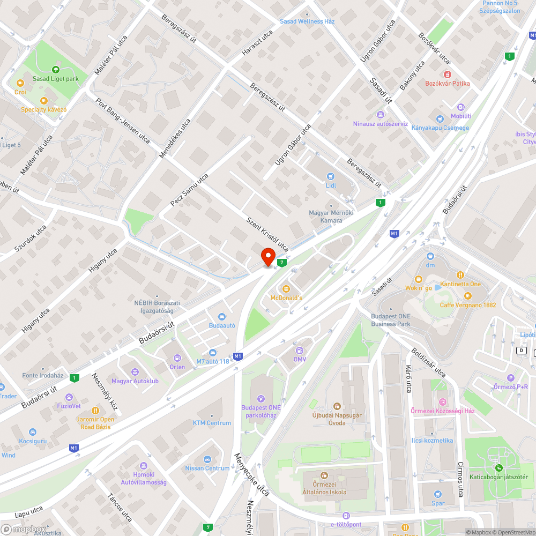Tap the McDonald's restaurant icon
point(286,289)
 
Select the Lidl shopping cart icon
point(331,176)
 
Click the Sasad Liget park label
point(56,78)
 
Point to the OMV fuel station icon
point(300,350)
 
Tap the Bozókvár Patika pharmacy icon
point(447,74)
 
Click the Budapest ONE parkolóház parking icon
point(261,398)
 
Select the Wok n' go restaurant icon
point(419,279)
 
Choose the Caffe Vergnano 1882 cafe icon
point(468,295)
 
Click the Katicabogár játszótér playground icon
point(499,467)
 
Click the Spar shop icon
point(438,494)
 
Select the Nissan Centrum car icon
point(207,459)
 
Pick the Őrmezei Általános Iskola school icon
point(324,475)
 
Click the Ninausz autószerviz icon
point(380,114)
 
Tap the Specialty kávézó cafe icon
point(43,100)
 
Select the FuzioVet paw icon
point(69,397)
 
